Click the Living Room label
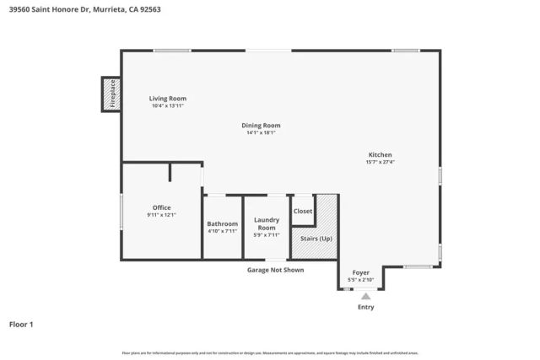[168, 99]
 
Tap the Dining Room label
[261, 126]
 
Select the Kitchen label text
[380, 154]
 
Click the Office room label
[161, 207]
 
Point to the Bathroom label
[223, 223]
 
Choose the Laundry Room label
[267, 223]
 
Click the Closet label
[303, 211]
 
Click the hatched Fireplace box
[111, 94]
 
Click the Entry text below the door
[365, 307]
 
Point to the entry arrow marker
[365, 296]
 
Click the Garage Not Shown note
[275, 270]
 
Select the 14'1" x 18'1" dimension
[261, 132]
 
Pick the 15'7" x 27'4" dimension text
[380, 162]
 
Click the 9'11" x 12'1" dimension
[161, 215]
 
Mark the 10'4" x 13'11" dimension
[168, 106]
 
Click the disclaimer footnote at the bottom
[270, 352]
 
